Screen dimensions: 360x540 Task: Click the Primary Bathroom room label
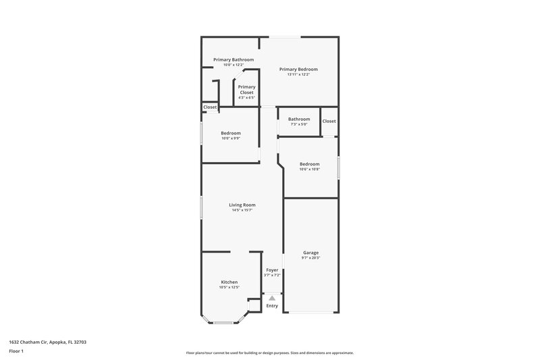(x=234, y=59)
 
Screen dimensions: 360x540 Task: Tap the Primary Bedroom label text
(x=298, y=69)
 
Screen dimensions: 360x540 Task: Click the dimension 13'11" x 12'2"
(x=298, y=74)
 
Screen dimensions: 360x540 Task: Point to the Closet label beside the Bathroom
(x=329, y=121)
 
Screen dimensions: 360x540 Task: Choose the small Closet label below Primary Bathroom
(x=210, y=107)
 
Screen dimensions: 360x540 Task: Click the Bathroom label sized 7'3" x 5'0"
(x=299, y=119)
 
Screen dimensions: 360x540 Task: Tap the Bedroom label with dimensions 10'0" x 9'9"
(x=230, y=133)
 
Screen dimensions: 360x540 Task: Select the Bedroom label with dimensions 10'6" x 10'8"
(x=309, y=163)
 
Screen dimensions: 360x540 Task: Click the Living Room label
(x=242, y=205)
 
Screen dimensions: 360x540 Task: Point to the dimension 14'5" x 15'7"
(x=242, y=210)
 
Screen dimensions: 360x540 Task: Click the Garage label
(x=310, y=253)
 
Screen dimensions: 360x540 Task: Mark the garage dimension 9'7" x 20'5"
(x=310, y=258)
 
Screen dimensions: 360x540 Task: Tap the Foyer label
(x=271, y=269)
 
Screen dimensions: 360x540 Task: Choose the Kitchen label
(x=230, y=282)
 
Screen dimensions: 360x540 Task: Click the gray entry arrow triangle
(x=272, y=297)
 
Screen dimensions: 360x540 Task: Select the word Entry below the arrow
(x=272, y=306)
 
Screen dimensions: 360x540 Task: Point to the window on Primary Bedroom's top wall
(x=281, y=37)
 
